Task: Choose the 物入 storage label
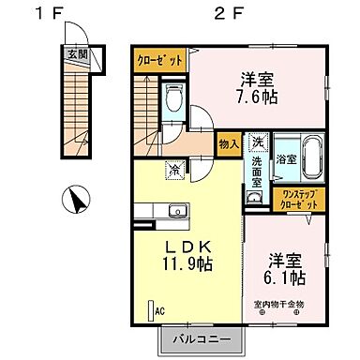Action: tap(228, 144)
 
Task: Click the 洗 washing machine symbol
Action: tap(258, 142)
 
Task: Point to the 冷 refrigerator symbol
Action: tap(174, 169)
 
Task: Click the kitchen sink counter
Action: tap(170, 211)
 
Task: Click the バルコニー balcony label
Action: tap(200, 337)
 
